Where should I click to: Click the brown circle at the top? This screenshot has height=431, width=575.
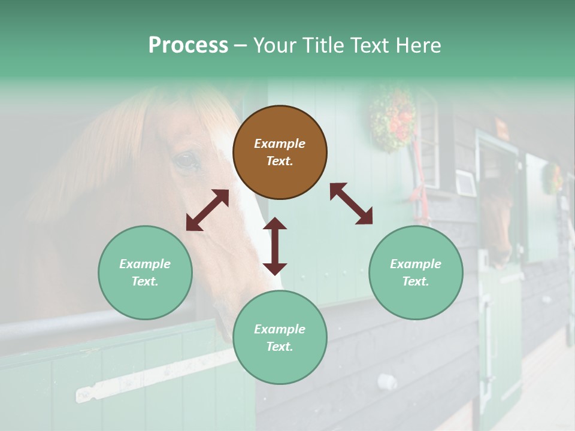pos(280,152)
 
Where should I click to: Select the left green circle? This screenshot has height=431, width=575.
pos(145,272)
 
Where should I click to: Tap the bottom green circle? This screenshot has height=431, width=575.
pos(280,338)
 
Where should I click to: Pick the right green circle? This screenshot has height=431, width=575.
pos(416,272)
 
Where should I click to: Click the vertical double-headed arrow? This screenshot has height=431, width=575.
pos(275,246)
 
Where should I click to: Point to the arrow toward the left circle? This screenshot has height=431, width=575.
pos(207,210)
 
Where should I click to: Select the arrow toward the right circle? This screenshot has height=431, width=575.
pos(352,204)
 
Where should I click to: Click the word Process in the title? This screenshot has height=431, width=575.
pos(188,45)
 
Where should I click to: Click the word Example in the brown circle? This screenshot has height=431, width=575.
pos(280,144)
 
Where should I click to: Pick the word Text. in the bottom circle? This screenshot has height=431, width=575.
pos(280,347)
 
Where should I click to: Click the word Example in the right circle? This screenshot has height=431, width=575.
pos(416,264)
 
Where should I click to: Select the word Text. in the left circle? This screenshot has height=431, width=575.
pos(145,281)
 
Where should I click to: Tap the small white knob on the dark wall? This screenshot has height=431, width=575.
pos(388,381)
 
